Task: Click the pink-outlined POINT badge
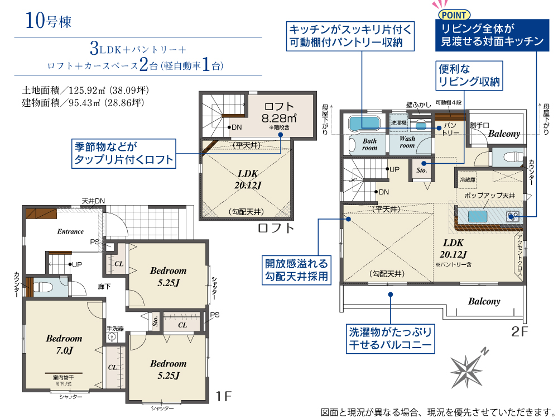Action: coord(454,15)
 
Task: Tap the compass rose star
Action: coord(466,370)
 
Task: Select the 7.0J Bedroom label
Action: coord(64,344)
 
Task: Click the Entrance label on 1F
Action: coord(70,231)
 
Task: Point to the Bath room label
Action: coord(369,144)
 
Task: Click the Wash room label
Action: coord(407,142)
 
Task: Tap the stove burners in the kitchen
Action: coord(513,216)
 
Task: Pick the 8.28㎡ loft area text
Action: coord(279,118)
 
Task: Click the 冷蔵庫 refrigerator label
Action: coord(468,180)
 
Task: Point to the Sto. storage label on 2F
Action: coord(422,170)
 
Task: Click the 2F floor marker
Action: coord(519,332)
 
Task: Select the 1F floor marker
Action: coord(224,396)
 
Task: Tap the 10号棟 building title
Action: coord(49,20)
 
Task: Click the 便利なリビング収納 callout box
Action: coord(469,75)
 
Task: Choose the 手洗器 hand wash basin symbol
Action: coord(112,337)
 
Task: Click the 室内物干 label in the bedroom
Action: coord(64,377)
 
